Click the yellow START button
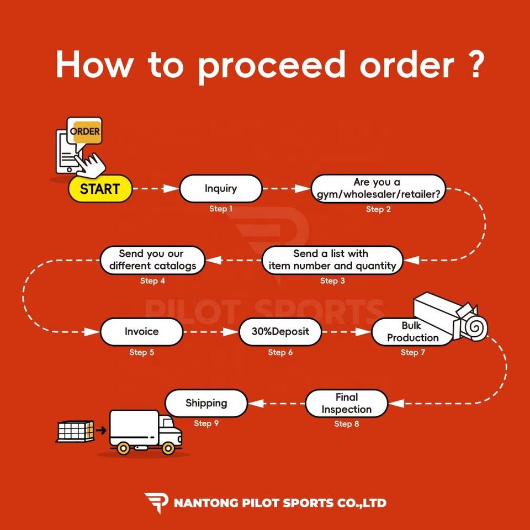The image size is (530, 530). [100, 189]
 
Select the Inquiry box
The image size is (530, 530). [220, 188]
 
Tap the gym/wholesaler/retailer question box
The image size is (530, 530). [378, 188]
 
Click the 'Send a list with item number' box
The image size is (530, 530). [332, 260]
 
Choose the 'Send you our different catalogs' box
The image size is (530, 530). [152, 260]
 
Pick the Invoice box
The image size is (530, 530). [141, 332]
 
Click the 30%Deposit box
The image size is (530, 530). [280, 332]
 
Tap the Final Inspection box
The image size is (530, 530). [346, 403]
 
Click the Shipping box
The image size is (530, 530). [206, 403]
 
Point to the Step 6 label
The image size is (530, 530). [280, 352]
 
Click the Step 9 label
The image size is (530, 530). [206, 423]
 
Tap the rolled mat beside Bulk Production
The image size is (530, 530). [475, 328]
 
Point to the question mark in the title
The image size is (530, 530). [474, 65]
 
